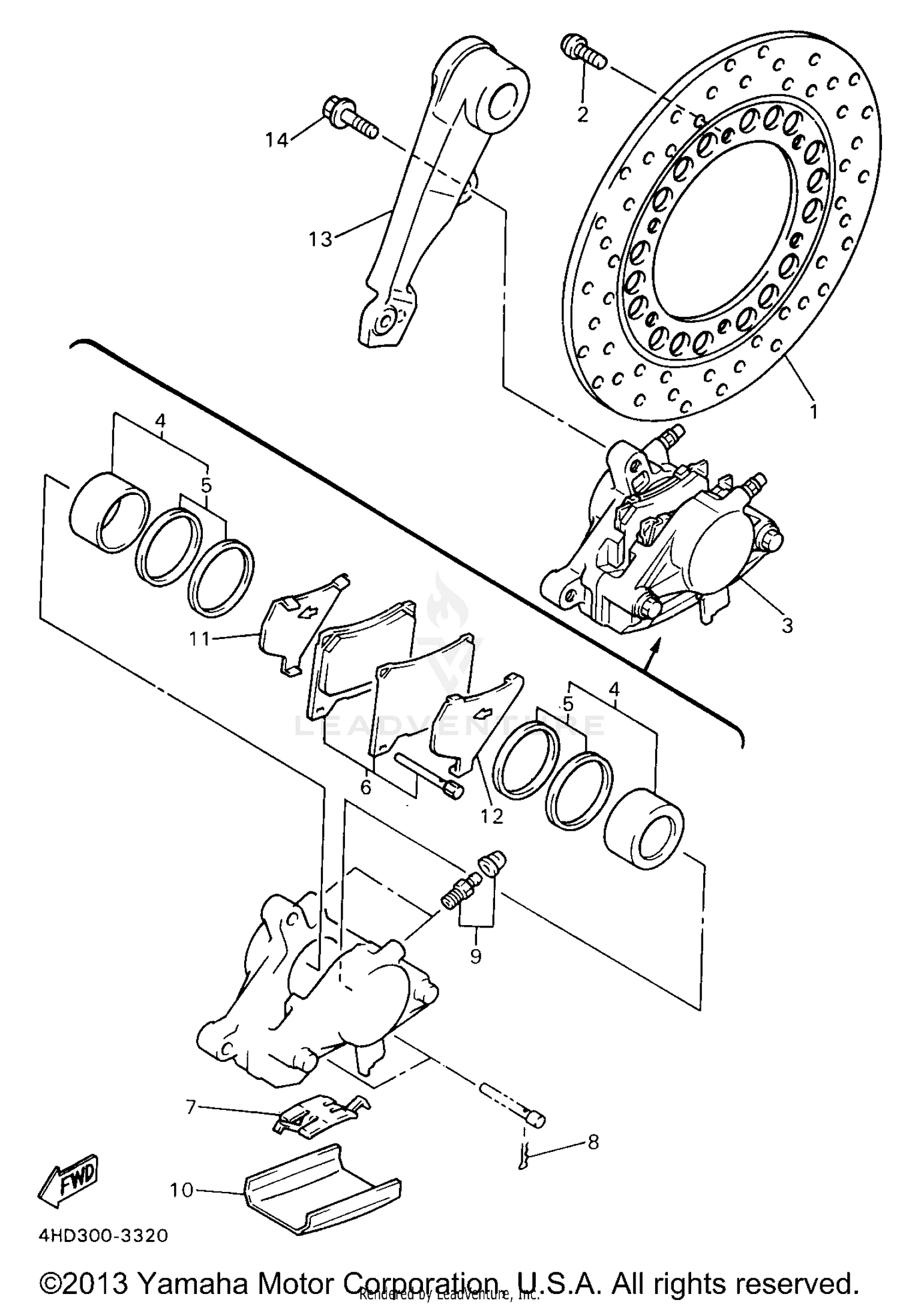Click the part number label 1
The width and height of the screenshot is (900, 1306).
pos(813,412)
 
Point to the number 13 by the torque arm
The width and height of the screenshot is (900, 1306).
pos(320,239)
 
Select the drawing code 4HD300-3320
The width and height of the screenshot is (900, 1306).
pos(103,1236)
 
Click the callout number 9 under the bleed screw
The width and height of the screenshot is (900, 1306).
pos(475,956)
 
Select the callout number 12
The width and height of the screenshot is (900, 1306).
pos(492,816)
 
